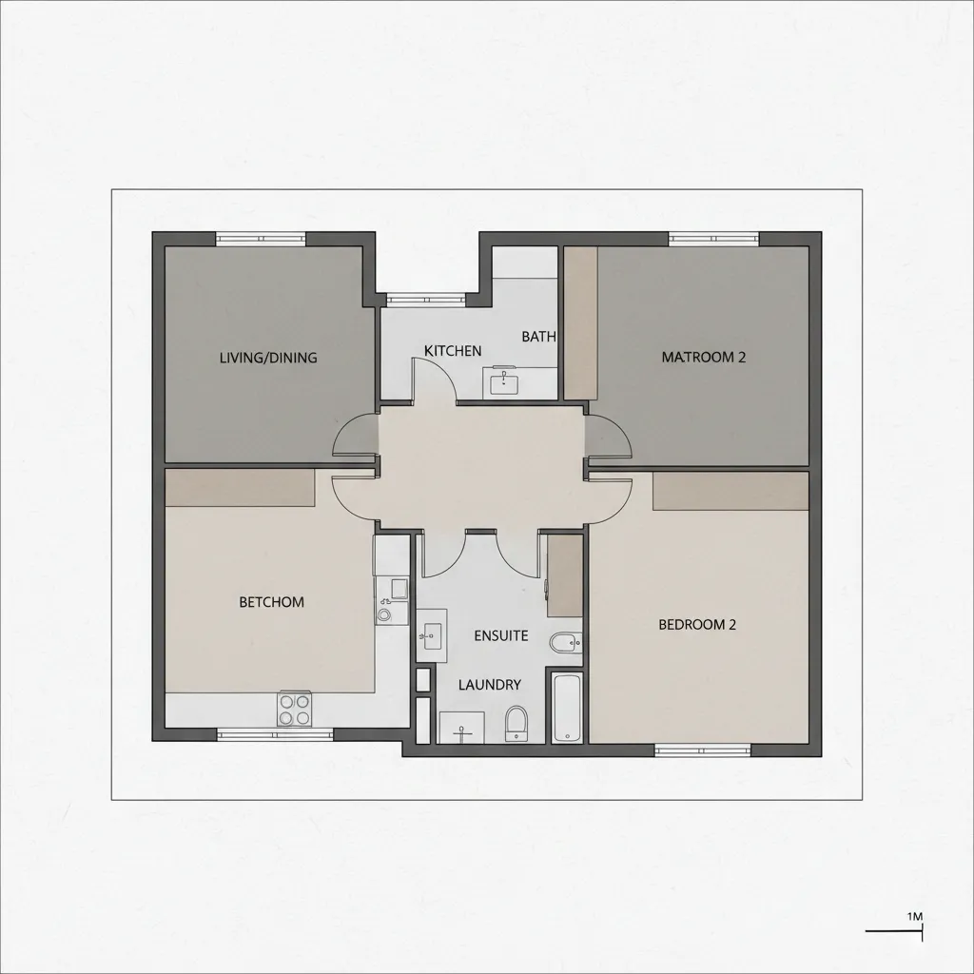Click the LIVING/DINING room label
click(x=268, y=358)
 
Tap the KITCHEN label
click(x=453, y=351)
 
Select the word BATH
click(x=538, y=337)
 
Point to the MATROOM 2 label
click(x=703, y=358)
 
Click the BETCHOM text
click(x=271, y=602)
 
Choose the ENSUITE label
click(x=500, y=636)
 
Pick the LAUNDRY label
click(x=490, y=685)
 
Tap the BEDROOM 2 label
click(x=697, y=624)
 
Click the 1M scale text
click(x=915, y=916)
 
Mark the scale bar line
click(x=894, y=930)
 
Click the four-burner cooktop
click(x=295, y=709)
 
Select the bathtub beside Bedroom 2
click(x=567, y=708)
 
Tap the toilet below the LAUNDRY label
click(x=516, y=724)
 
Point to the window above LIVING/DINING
click(x=261, y=239)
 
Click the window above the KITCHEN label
click(x=426, y=300)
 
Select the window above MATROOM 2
click(x=713, y=239)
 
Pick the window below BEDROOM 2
click(x=703, y=750)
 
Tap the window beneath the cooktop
click(x=275, y=735)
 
